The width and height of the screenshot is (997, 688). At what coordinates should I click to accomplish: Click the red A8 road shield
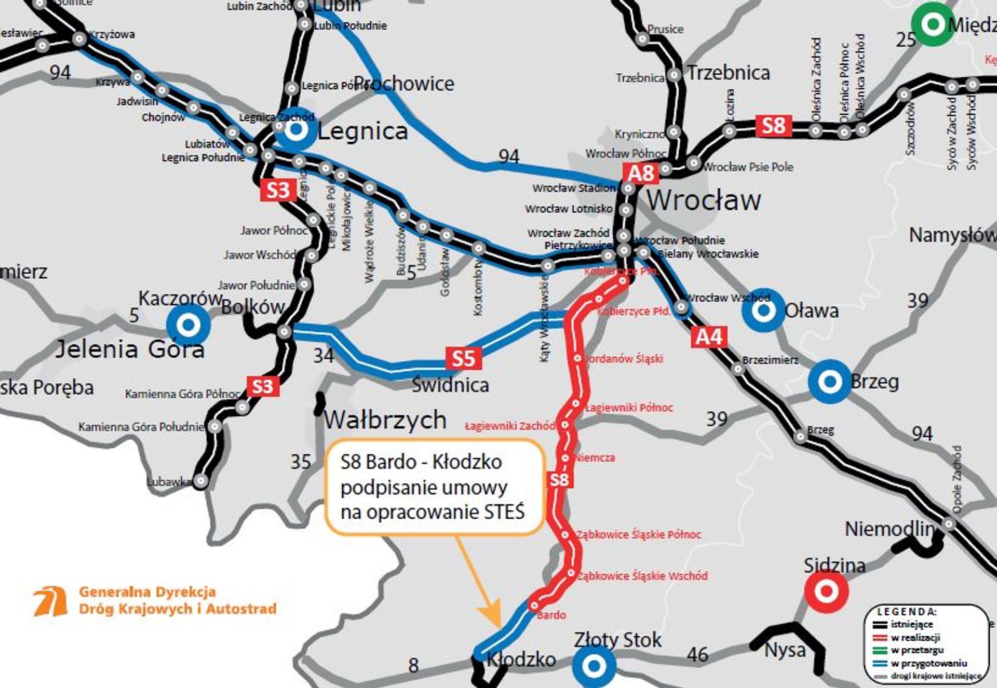(641, 173)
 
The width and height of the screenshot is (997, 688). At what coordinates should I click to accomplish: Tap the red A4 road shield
(708, 338)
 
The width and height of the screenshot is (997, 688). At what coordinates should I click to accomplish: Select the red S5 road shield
(463, 358)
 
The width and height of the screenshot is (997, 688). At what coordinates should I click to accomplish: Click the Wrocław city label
(704, 200)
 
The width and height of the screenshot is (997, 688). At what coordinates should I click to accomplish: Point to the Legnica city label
(362, 131)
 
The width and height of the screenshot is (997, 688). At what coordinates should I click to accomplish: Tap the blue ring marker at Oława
(763, 311)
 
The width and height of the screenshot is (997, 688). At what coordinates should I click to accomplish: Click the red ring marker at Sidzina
(826, 591)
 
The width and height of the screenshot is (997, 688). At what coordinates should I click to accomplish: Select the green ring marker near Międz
(933, 24)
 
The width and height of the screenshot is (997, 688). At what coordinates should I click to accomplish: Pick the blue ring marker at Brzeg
(829, 382)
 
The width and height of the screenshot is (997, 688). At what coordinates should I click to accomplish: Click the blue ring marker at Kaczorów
(188, 325)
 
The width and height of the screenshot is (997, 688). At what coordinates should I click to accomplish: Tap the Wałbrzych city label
(385, 420)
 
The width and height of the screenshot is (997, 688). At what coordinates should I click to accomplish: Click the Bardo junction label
(551, 615)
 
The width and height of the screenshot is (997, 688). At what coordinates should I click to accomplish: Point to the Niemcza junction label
(595, 458)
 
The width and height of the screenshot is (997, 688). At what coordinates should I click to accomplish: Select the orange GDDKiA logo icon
(50, 601)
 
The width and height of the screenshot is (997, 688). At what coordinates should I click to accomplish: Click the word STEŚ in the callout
(505, 512)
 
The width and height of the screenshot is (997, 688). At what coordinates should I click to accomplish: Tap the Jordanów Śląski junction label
(623, 359)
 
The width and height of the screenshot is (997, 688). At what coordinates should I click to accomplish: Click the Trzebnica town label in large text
(728, 73)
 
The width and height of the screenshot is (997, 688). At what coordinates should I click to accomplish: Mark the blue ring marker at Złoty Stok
(594, 666)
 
